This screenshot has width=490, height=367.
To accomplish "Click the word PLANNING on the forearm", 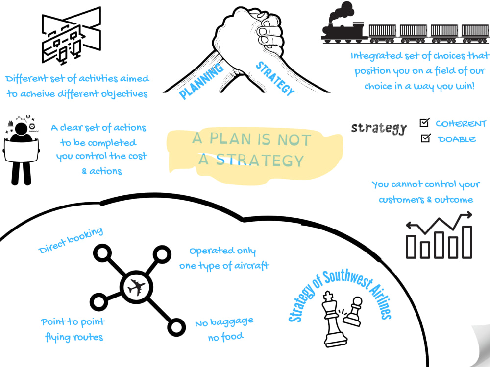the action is tap(201, 81).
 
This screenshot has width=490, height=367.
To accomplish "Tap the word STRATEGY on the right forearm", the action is tap(275, 78).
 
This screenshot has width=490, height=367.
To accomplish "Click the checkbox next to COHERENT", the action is tap(424, 123).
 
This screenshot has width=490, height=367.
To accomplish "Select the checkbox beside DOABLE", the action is tap(426, 138).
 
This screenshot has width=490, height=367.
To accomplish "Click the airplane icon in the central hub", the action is tap(136, 287).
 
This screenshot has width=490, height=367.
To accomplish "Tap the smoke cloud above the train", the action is tap(341, 12).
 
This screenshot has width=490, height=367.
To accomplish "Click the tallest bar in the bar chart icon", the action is tap(467, 242).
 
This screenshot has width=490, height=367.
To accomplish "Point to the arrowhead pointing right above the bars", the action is tap(468, 215).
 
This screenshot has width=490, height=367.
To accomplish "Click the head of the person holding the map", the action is tap(21, 129).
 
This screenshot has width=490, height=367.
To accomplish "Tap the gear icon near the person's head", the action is tap(32, 126).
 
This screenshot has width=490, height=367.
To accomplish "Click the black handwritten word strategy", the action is tap(378, 128).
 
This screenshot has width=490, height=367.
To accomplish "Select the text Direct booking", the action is tap(71, 240).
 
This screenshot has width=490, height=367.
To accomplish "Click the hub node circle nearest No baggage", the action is tap(176, 327).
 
